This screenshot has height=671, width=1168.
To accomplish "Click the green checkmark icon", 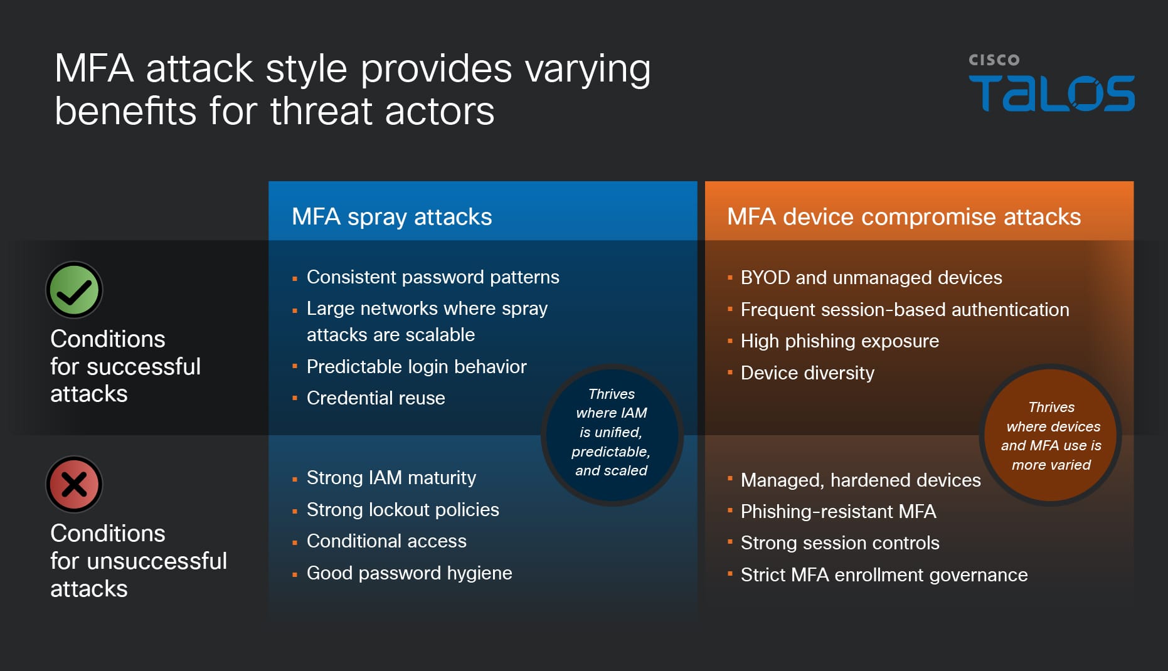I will point(74,290).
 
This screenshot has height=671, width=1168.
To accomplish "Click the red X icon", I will point(74,485).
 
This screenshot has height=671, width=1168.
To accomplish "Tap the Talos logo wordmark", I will point(1051,94).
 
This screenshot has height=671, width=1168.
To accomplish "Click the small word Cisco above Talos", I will point(994,60).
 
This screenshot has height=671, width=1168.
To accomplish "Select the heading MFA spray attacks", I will point(391,217).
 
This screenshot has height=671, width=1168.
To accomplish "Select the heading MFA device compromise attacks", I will point(903,217).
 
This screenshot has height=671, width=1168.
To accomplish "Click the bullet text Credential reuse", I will point(375,398).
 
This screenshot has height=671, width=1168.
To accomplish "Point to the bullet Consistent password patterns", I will point(432,277).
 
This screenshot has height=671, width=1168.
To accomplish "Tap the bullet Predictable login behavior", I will point(416,367).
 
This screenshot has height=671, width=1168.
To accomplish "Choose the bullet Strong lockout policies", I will point(402,510).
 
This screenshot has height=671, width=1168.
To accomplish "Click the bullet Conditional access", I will point(386,541).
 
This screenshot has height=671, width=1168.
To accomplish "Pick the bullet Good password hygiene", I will point(409,573).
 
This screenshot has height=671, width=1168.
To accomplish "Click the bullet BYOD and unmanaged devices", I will point(871,278).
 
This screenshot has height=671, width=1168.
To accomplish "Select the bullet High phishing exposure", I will point(839,341).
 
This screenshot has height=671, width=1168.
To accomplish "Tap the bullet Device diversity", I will point(807,373).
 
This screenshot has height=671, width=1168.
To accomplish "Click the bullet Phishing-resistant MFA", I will point(838,512).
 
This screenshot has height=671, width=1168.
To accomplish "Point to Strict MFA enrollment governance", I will point(883,575).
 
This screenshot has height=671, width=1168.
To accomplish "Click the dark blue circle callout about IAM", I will point(612,433).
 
